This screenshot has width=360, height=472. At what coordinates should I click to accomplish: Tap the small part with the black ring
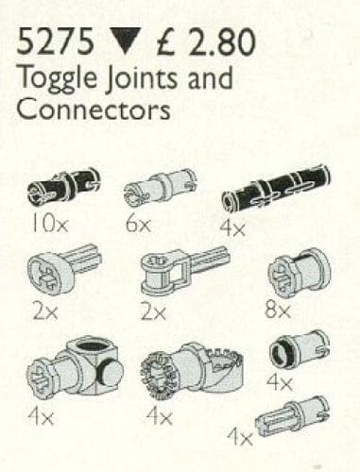[x=296, y=348]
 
